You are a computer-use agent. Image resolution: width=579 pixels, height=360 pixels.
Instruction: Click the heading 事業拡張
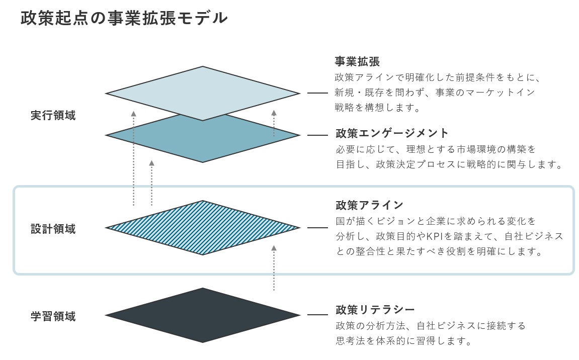coord(358,62)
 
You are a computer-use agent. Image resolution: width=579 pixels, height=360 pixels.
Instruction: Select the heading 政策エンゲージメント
coord(392,133)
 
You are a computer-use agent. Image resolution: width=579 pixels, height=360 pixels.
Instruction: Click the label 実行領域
coord(53,115)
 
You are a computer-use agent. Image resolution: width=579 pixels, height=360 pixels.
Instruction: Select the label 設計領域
coord(53,229)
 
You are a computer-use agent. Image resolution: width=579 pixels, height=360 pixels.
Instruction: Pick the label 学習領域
coord(53,316)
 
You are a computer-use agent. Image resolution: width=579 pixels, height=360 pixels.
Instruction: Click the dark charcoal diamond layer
coord(203,315)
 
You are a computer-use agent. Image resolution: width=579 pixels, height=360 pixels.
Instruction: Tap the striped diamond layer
coord(203,228)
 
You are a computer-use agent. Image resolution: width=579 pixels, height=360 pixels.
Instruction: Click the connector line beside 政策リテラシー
coord(317,315)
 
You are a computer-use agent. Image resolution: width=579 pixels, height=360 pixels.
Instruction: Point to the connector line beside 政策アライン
coord(317,228)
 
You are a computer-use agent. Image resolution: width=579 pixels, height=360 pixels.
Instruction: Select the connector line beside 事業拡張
coord(317,94)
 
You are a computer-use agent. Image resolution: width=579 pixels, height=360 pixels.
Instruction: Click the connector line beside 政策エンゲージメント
coord(317,135)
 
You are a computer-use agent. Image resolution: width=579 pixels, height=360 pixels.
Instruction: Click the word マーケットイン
coord(490,93)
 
